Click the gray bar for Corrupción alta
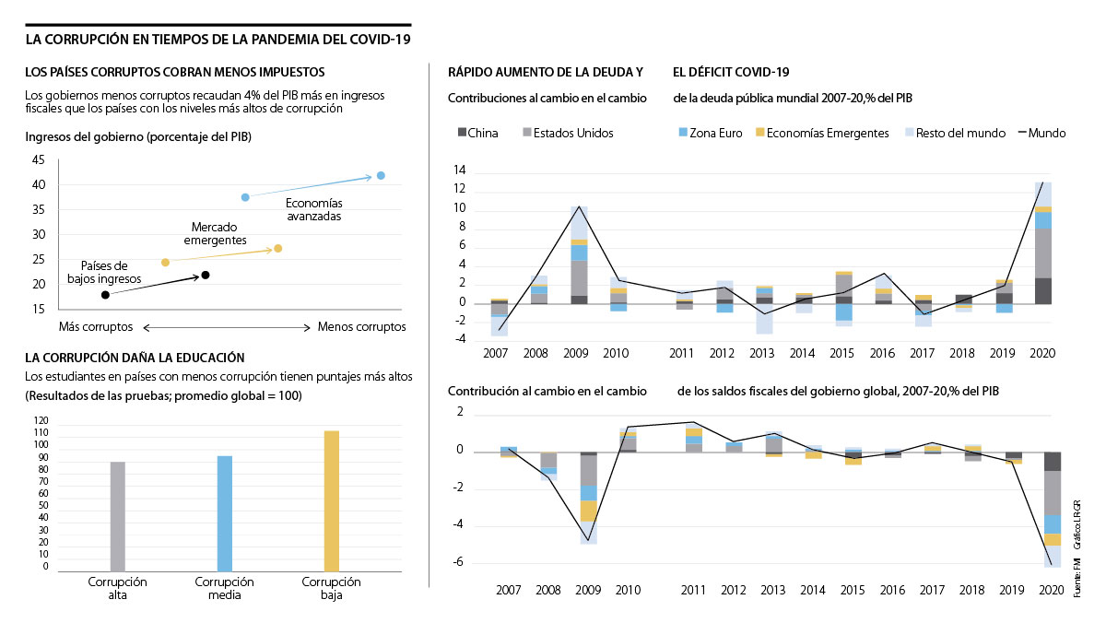click(x=118, y=516)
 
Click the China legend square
click(x=463, y=133)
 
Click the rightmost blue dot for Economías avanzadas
click(x=381, y=175)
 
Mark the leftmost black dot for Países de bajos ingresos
click(x=105, y=295)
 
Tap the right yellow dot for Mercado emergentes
click(x=278, y=248)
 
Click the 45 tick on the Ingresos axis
click(x=38, y=159)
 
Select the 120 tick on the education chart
click(x=40, y=420)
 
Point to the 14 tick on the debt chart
click(x=460, y=171)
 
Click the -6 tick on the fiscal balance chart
click(x=457, y=563)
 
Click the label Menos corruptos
click(x=361, y=326)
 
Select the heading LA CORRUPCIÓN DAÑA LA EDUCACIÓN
click(x=135, y=358)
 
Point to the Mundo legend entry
click(x=1041, y=133)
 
